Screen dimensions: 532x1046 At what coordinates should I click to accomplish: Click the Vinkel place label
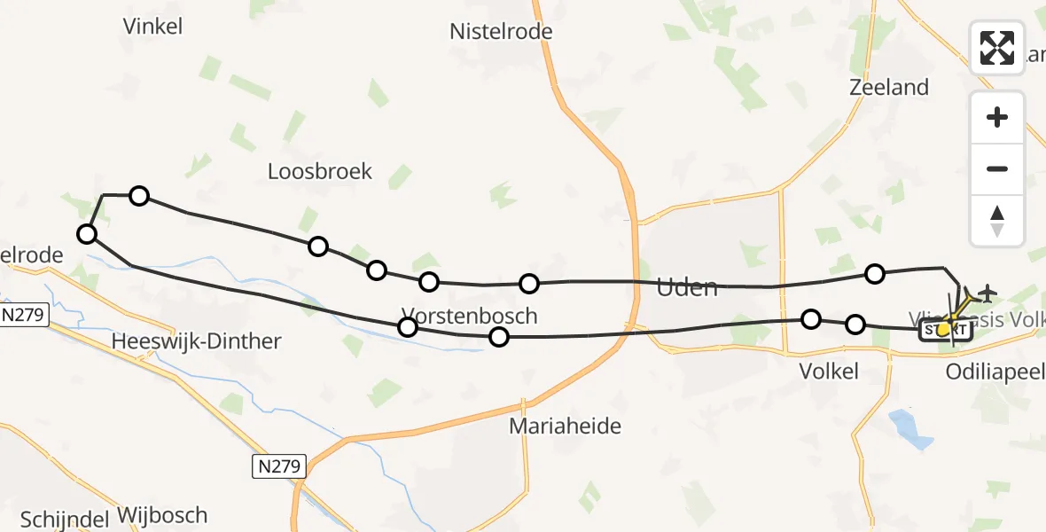click(153, 27)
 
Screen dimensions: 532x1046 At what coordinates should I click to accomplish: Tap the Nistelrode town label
click(501, 32)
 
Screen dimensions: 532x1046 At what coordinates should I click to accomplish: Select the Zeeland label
click(888, 87)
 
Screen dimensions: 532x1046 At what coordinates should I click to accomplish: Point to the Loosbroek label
click(320, 171)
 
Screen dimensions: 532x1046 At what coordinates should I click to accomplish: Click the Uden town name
click(686, 287)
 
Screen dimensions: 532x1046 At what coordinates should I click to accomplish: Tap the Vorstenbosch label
click(469, 315)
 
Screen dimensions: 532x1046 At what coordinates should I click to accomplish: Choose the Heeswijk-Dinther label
click(197, 341)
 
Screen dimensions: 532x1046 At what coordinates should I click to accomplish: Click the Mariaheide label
click(565, 426)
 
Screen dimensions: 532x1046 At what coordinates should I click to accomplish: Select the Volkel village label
click(828, 371)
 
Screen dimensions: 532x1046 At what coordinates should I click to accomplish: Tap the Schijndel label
click(64, 519)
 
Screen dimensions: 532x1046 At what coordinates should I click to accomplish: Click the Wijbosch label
click(161, 515)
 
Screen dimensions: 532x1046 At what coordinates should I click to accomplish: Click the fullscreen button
click(997, 48)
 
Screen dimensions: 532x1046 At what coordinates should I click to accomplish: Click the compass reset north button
click(997, 221)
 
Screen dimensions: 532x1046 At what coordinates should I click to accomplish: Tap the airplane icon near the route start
click(985, 292)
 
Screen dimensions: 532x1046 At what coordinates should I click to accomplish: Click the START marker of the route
click(947, 331)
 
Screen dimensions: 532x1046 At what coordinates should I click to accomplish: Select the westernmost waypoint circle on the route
click(87, 234)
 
